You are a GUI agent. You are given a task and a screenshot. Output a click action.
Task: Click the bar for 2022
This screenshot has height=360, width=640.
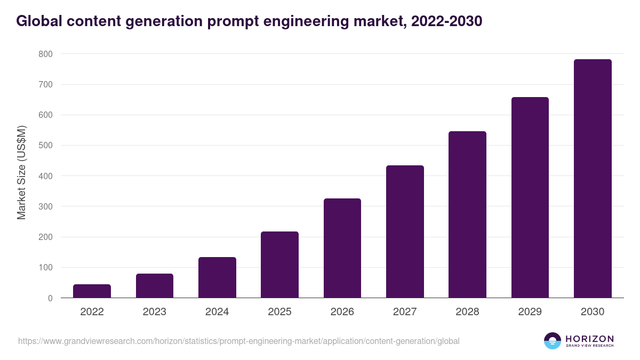pyautogui.click(x=92, y=291)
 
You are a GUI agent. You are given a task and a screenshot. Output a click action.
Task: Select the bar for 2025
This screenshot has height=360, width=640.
pyautogui.click(x=279, y=265)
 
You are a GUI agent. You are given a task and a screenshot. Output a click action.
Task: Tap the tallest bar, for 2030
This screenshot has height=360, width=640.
pyautogui.click(x=593, y=179)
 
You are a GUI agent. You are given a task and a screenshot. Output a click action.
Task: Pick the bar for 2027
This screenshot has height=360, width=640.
pyautogui.click(x=405, y=231)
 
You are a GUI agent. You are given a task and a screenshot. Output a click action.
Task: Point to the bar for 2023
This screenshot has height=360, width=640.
pyautogui.click(x=155, y=286)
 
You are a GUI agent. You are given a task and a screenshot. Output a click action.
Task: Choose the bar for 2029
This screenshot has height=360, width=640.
pyautogui.click(x=530, y=197)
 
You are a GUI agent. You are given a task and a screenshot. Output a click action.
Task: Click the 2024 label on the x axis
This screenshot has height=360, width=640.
pyautogui.click(x=217, y=312)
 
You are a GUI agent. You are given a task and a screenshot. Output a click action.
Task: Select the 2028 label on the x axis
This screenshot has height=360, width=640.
pyautogui.click(x=467, y=312)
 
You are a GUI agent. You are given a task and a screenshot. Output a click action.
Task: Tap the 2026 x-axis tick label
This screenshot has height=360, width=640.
pyautogui.click(x=342, y=312)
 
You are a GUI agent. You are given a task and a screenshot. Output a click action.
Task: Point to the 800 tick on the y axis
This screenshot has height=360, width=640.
pyautogui.click(x=45, y=54)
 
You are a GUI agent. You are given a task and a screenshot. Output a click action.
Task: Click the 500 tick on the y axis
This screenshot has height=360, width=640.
pyautogui.click(x=45, y=146)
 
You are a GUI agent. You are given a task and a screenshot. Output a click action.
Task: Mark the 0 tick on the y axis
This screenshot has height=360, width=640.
pyautogui.click(x=50, y=298)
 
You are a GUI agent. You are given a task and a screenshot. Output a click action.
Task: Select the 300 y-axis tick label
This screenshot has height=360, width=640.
pyautogui.click(x=45, y=206)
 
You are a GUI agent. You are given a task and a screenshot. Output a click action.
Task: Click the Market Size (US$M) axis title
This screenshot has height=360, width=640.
pyautogui.click(x=22, y=173)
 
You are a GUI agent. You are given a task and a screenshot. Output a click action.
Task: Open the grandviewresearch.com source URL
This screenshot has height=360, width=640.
pyautogui.click(x=238, y=341)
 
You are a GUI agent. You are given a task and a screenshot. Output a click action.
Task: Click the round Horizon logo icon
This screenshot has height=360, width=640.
pyautogui.click(x=553, y=341)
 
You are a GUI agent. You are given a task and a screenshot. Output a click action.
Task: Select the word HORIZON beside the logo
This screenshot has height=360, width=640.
pyautogui.click(x=589, y=339)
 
